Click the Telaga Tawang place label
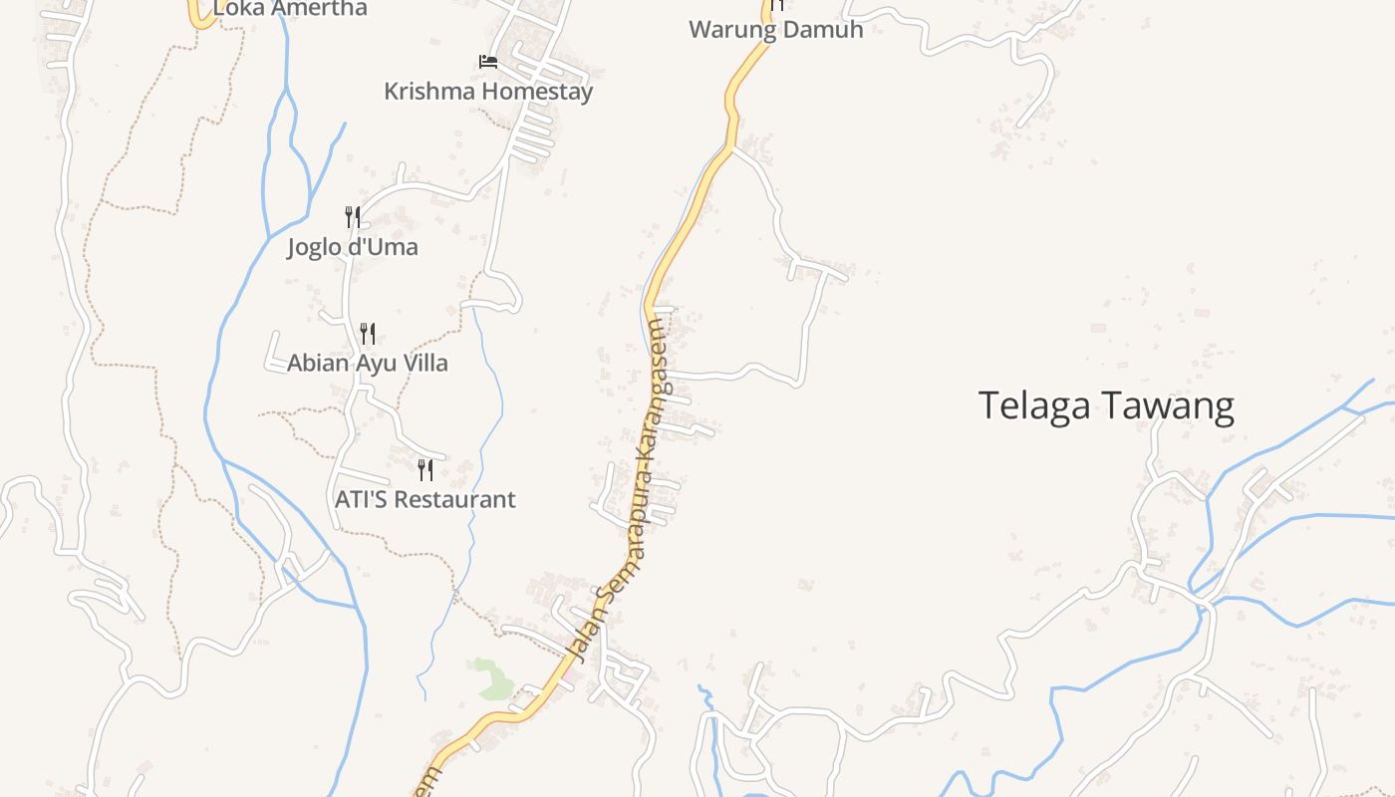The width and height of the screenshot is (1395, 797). [1106, 406]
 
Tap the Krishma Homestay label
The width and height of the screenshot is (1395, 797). [488, 92]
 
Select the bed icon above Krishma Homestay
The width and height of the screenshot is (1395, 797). [488, 62]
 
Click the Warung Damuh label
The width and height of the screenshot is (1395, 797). [775, 29]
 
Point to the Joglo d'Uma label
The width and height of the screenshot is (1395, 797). [353, 246]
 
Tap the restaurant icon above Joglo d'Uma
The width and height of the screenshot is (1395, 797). [353, 216]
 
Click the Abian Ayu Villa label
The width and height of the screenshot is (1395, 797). [368, 363]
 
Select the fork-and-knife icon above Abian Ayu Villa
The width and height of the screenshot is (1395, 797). [368, 333]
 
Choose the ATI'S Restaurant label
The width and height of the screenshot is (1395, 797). [425, 499]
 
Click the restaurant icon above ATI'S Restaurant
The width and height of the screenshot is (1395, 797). [425, 469]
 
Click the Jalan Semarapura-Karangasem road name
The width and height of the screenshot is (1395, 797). [633, 488]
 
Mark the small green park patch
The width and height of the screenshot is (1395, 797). [490, 677]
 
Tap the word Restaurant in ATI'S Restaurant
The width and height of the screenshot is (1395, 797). [454, 499]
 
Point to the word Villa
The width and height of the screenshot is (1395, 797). [424, 363]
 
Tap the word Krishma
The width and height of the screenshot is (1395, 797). [429, 92]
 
